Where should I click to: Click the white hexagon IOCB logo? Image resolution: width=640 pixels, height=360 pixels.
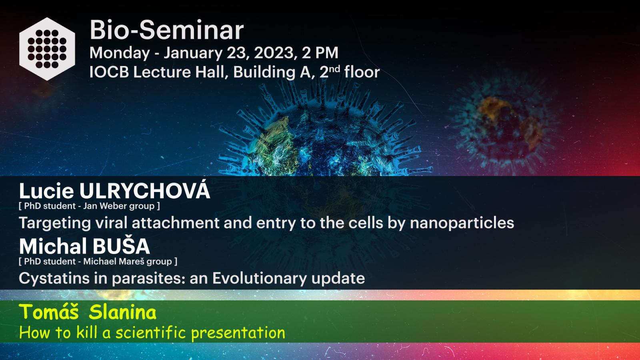click(x=47, y=49)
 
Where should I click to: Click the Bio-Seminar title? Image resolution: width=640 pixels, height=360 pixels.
click(x=166, y=30)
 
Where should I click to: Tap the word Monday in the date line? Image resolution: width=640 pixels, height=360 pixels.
click(x=120, y=53)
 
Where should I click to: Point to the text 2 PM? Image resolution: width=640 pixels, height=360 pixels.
click(x=320, y=53)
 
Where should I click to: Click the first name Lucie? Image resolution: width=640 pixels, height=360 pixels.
click(x=46, y=191)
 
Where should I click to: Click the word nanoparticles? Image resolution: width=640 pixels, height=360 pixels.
click(x=462, y=223)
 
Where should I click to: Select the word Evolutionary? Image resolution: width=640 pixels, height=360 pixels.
click(x=260, y=278)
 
